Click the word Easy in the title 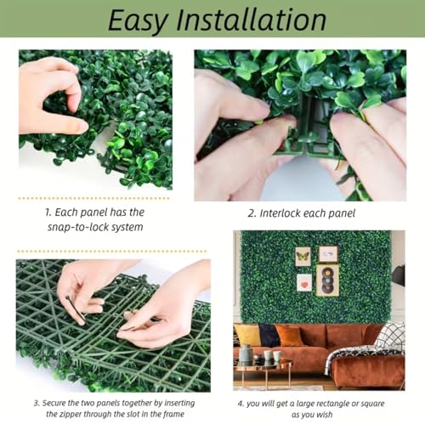point(138,20)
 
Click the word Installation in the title point(251,20)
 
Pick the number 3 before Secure point(37,403)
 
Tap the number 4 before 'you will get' point(241,404)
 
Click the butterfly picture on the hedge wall point(303,257)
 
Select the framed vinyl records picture point(327,280)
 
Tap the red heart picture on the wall point(304,282)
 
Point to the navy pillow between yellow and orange point(269,336)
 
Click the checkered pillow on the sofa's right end point(393,336)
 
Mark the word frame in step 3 point(173,414)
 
